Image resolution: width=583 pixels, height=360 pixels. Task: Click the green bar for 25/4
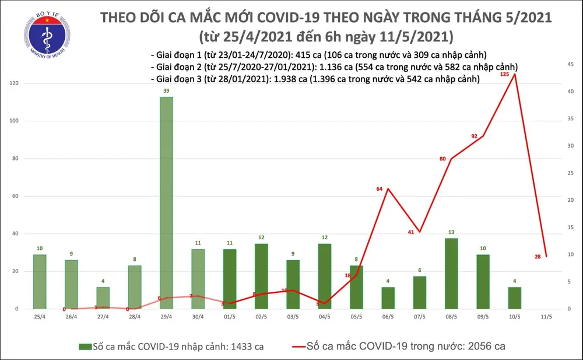pos(40,281)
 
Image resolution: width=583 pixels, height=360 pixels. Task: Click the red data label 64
pos(380,188)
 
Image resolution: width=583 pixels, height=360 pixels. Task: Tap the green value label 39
pos(166,92)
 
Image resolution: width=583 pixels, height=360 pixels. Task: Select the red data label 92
pos(475,136)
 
